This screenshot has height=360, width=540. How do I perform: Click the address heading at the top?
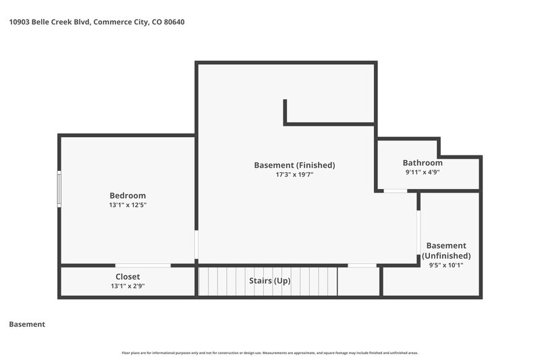pos(97,22)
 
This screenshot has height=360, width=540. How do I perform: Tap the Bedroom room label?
pos(128,196)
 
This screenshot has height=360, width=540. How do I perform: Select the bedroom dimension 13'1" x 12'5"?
pos(128,205)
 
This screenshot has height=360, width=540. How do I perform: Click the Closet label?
pos(128,277)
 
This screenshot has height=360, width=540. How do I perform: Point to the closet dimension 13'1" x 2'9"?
pos(128,286)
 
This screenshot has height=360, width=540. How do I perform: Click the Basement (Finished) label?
pos(294,165)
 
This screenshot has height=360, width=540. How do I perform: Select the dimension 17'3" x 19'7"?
pos(294,174)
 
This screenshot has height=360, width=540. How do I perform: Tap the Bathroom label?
pos(423,163)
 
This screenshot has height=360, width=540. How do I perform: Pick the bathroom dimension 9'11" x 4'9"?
pos(423,172)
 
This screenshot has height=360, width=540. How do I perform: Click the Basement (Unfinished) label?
pos(446,251)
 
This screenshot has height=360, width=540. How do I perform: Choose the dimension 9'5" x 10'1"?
pos(446,265)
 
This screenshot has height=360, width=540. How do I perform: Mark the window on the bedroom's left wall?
pos(59,189)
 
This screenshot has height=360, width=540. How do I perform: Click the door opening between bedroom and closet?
pos(143,265)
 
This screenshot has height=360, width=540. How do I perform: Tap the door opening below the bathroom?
pos(396,192)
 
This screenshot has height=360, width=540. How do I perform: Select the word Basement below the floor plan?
pos(27,324)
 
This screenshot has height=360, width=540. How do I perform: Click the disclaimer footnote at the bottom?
pos(270,353)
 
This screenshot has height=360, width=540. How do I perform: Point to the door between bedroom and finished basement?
pos(196,245)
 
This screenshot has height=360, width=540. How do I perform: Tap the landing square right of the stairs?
pos(358,281)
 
